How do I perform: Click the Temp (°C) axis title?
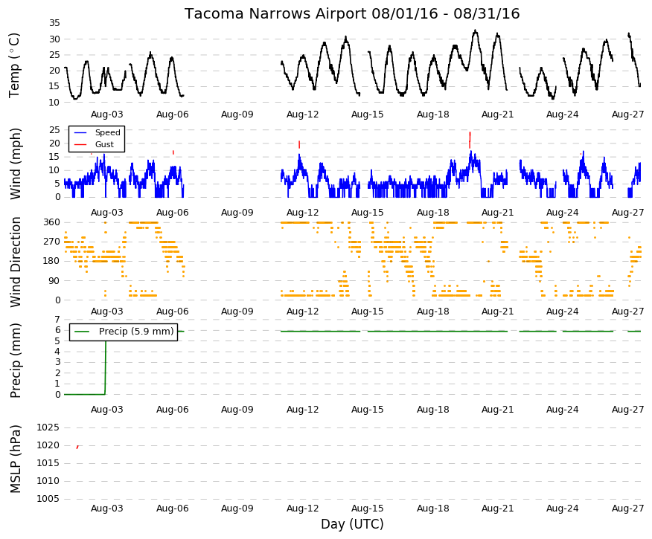[14, 65]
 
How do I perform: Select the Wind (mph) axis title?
[15, 164]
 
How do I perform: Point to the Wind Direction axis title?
[15, 262]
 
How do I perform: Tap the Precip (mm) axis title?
[15, 361]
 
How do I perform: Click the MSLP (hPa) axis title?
[15, 459]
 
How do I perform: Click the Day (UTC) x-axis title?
[352, 524]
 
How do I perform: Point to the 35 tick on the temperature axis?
[54, 23]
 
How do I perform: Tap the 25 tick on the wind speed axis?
[54, 130]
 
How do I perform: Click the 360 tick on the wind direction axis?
[52, 222]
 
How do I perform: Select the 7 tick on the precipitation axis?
[57, 320]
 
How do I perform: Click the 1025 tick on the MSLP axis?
[48, 427]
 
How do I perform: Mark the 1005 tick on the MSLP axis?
[48, 499]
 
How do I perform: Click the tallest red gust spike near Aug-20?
[470, 140]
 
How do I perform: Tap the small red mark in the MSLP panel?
[77, 447]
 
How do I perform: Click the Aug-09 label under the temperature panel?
[237, 114]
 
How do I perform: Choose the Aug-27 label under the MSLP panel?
[627, 509]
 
